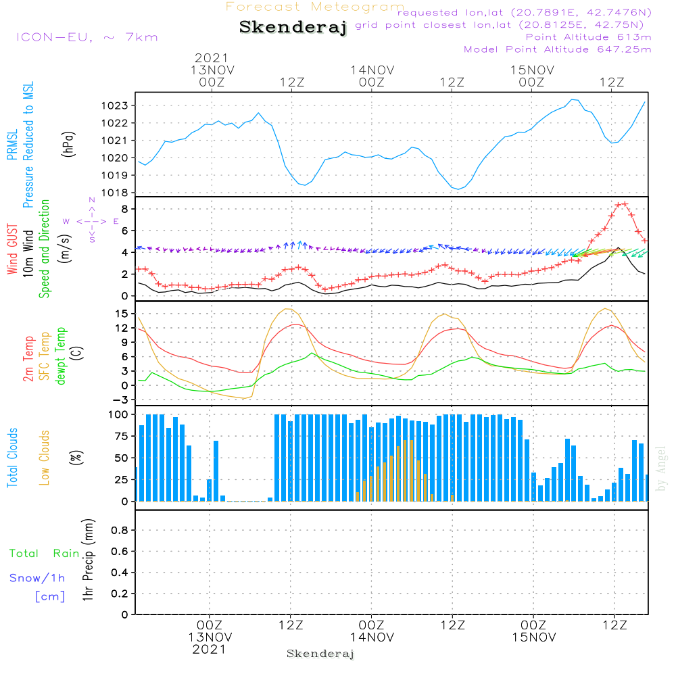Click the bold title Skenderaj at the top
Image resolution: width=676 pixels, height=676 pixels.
[x=293, y=28]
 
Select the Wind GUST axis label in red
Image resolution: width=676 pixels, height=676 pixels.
[x=12, y=250]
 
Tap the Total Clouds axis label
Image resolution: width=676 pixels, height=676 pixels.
[x=12, y=458]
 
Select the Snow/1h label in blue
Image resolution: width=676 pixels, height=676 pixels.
[x=38, y=578]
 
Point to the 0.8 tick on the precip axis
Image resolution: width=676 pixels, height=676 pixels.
[x=118, y=530]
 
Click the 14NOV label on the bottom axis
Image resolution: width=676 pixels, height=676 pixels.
[x=372, y=637]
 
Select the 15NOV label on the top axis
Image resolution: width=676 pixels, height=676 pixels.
[x=532, y=70]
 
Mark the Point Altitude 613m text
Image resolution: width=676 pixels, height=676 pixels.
[x=588, y=37]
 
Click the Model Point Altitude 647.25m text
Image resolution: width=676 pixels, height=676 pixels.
[x=558, y=49]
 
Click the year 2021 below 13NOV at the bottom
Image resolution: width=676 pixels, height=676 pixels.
[x=210, y=649]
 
